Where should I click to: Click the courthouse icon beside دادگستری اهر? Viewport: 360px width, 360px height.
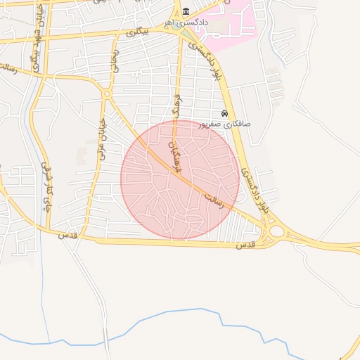pyautogui.click(x=186, y=12)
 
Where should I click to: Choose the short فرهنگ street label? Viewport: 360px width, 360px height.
pyautogui.click(x=175, y=105)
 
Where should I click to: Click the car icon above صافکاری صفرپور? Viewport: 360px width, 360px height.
pyautogui.click(x=224, y=114)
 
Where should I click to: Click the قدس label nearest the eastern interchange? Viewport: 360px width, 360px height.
pyautogui.click(x=244, y=245)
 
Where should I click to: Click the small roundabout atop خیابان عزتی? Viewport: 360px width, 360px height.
pyautogui.click(x=107, y=94)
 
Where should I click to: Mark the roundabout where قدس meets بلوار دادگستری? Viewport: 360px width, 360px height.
pyautogui.click(x=276, y=231)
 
